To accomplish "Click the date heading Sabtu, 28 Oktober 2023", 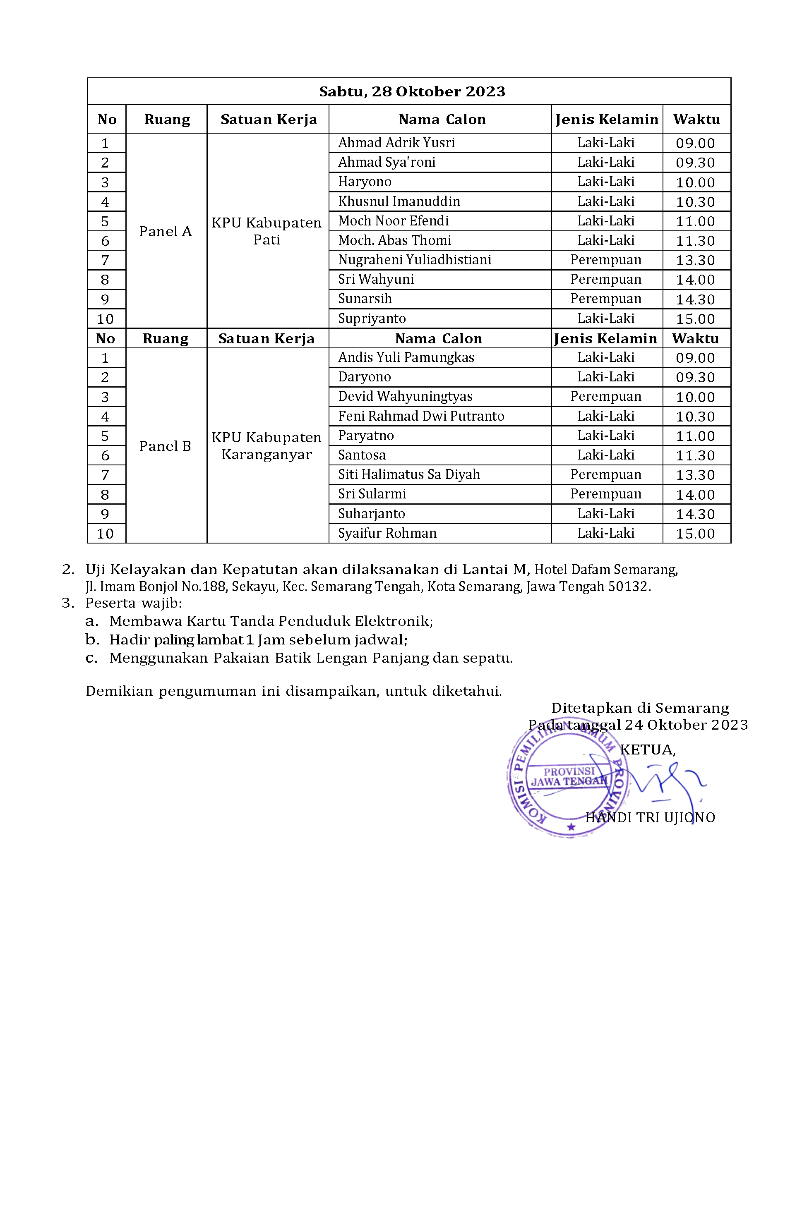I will click(411, 92).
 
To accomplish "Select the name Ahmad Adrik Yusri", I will click(396, 143).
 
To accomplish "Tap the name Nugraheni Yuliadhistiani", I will click(414, 260).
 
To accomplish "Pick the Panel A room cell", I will click(166, 231).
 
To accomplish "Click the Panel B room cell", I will click(165, 446).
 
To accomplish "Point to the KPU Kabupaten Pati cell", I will click(267, 231).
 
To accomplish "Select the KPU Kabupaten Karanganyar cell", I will click(267, 446).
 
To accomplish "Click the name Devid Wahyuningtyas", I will click(405, 396).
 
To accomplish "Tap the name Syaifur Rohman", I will click(387, 533).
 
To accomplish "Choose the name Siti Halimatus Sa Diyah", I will click(409, 474).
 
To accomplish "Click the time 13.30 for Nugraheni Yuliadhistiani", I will click(695, 260).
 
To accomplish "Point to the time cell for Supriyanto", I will click(695, 319).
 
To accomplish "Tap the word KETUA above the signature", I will click(647, 750).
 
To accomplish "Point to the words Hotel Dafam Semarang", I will click(605, 569).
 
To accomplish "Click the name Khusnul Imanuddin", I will click(399, 201).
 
